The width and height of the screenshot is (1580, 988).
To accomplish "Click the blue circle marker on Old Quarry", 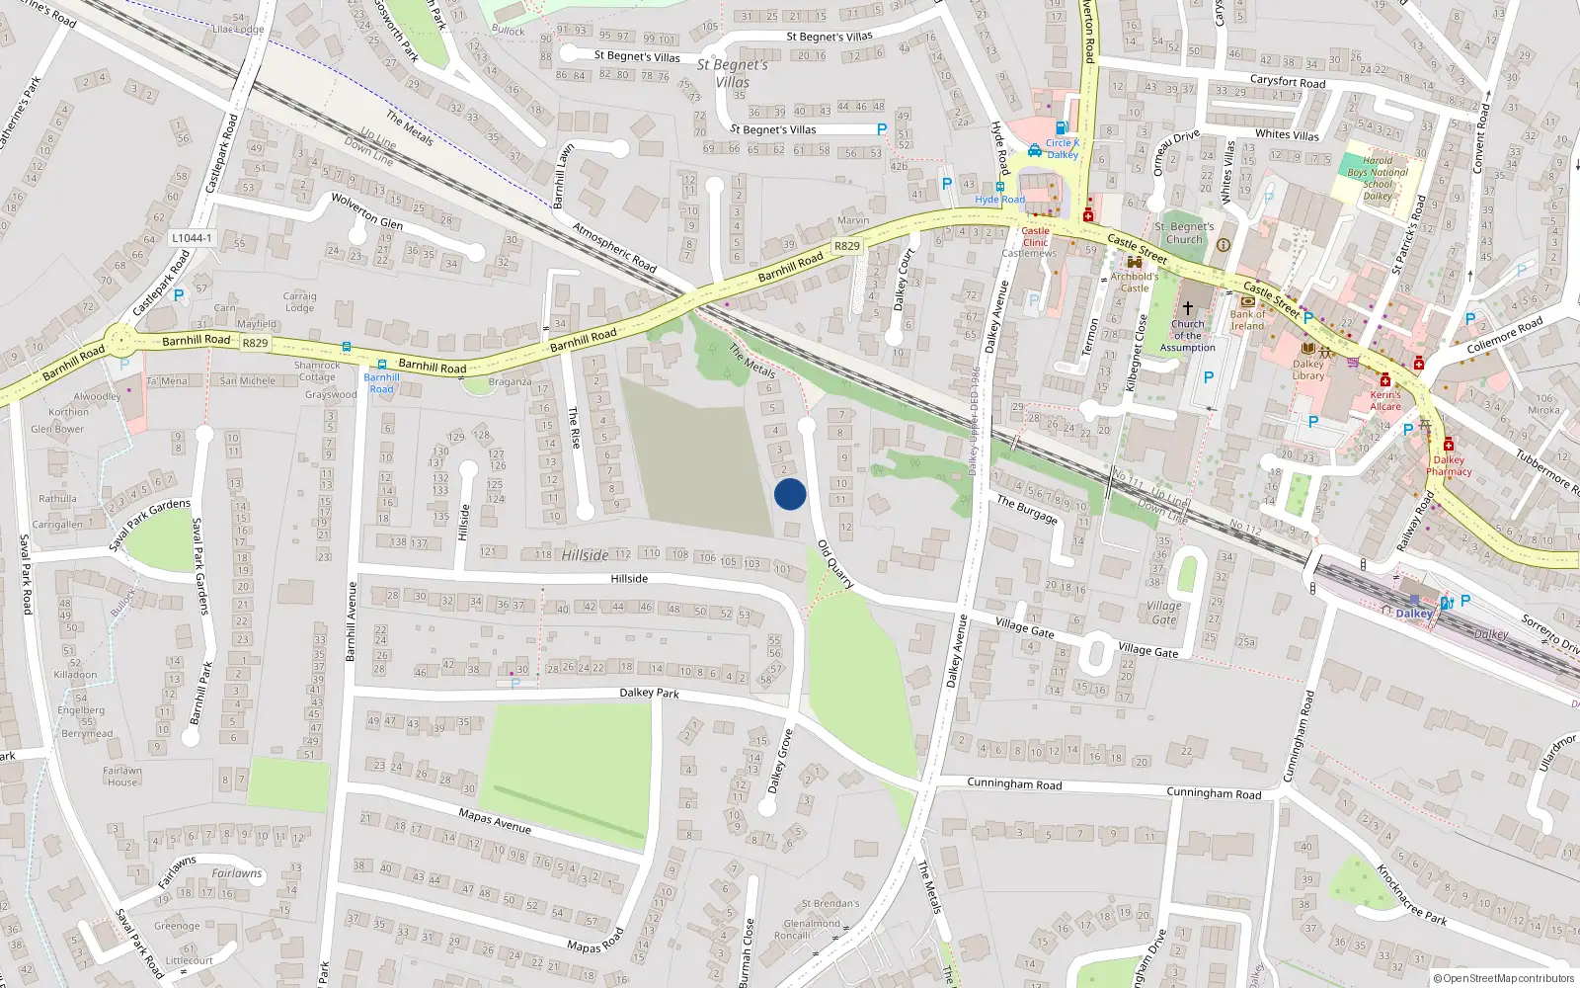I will click(x=790, y=494).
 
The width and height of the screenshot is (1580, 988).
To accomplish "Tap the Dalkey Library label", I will click(x=1307, y=370).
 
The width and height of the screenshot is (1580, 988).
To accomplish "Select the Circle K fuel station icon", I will click(x=1062, y=127).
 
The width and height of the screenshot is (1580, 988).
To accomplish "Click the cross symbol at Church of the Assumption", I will click(x=1188, y=308).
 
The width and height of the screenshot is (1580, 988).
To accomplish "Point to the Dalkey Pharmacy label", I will click(x=1449, y=465).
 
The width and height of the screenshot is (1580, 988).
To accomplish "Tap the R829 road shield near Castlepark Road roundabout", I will click(x=255, y=343).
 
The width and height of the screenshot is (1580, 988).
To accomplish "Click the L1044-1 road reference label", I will click(x=192, y=238).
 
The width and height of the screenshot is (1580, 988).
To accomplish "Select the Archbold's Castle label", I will click(x=1135, y=282).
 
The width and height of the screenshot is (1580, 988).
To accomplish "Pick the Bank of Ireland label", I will click(x=1247, y=320).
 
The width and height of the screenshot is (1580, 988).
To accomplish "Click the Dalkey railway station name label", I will click(x=1414, y=614).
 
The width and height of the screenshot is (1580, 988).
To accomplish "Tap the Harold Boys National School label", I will click(x=1378, y=178).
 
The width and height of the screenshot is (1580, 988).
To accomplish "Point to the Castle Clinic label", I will click(x=1035, y=236).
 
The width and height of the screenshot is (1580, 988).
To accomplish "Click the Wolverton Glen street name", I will click(x=366, y=209).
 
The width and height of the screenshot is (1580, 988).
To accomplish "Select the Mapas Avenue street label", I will click(x=495, y=820).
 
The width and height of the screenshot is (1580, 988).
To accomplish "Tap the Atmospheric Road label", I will click(x=614, y=247).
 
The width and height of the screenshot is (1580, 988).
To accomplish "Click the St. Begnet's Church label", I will click(x=1184, y=233).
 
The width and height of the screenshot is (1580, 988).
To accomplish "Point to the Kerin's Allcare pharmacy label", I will click(x=1385, y=400).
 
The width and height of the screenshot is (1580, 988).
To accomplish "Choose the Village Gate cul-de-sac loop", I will click(x=1096, y=653).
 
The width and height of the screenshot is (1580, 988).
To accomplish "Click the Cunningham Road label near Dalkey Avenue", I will click(x=1014, y=784).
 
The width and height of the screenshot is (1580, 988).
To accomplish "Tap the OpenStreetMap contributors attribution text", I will click(x=1503, y=979).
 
